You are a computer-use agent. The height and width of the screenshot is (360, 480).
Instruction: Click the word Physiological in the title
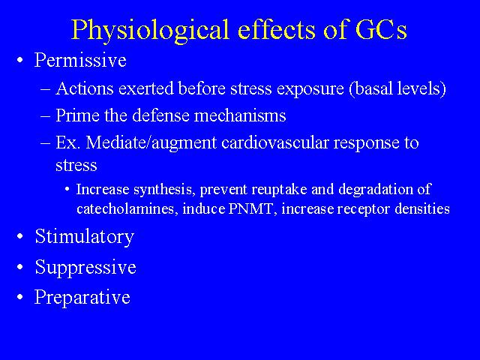coord(150,30)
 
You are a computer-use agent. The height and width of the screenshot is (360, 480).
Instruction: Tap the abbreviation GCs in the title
coord(381,29)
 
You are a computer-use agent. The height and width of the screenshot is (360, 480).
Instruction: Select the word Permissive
coord(80,59)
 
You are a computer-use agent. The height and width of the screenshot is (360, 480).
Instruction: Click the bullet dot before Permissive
coord(20,60)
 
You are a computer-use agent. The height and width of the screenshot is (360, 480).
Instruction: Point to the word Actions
coord(85,88)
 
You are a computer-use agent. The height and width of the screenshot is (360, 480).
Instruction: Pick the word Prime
coord(77,115)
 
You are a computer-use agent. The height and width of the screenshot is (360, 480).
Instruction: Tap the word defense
coord(161,115)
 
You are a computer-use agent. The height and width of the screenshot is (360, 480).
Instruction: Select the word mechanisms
coord(240,115)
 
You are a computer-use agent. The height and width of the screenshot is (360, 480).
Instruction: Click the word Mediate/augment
coord(151,142)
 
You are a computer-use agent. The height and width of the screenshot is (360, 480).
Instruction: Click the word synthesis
coord(165,190)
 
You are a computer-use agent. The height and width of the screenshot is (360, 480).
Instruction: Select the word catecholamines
coord(127,208)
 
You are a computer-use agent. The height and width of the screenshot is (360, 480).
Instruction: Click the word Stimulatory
coord(85,237)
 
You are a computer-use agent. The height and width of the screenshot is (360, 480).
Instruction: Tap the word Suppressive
coord(85,267)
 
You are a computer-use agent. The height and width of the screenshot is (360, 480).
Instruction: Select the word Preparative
coord(82,297)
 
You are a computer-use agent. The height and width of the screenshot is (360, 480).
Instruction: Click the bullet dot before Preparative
coord(20,297)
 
